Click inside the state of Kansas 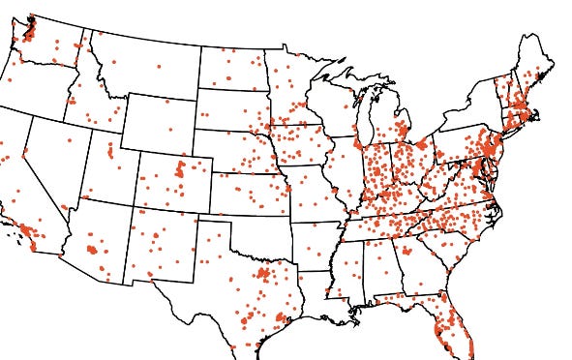click(x=247, y=194)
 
